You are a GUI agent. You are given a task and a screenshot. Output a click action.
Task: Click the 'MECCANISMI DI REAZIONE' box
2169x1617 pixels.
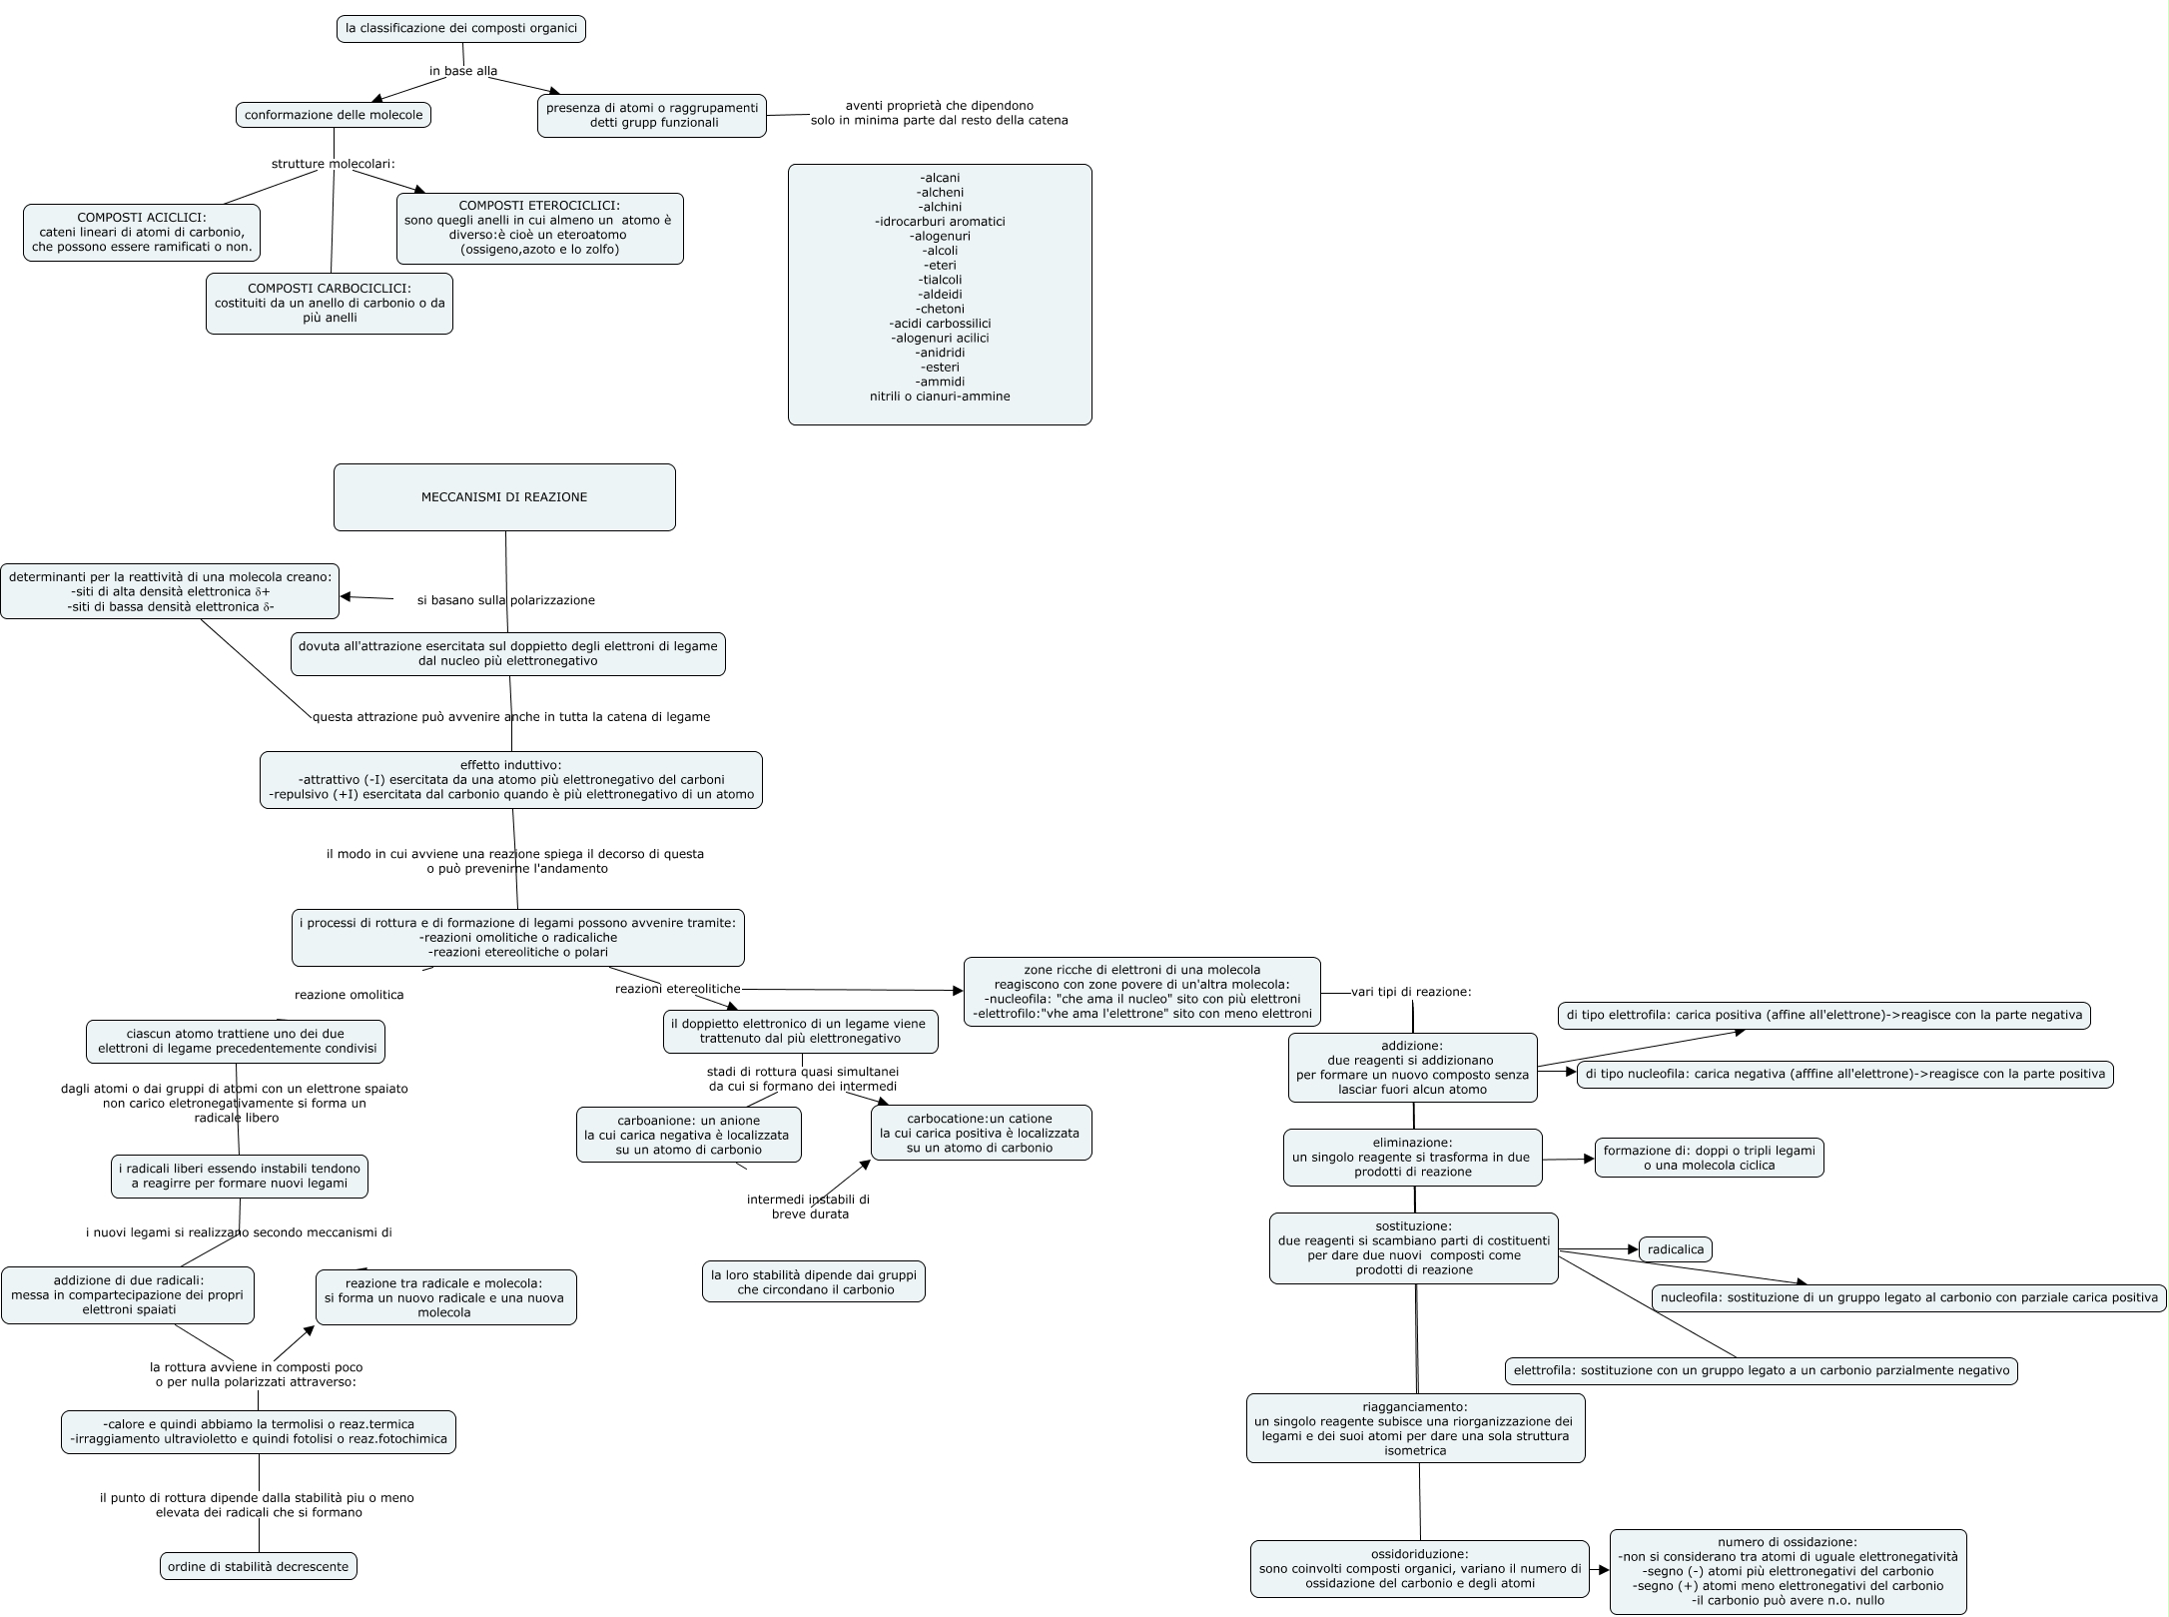point(504,497)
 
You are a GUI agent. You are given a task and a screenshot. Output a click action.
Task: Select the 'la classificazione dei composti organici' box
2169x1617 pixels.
point(461,29)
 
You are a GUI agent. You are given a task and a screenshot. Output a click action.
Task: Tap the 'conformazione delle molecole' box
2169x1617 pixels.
point(334,115)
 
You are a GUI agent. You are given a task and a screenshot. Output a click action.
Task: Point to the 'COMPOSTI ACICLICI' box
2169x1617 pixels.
point(142,233)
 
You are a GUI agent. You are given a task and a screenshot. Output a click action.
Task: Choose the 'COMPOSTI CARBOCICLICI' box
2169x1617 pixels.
point(330,304)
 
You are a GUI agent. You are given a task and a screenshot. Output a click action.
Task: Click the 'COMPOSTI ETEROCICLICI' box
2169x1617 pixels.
point(539,229)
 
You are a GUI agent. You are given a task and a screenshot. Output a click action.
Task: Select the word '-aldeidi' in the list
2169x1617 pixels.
point(940,295)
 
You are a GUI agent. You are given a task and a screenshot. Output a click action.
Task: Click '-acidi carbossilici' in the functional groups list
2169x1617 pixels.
point(940,324)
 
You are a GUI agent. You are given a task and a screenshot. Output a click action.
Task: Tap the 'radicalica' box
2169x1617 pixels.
point(1676,1249)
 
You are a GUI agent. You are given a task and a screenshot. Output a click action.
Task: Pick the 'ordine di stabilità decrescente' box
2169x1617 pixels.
point(259,1567)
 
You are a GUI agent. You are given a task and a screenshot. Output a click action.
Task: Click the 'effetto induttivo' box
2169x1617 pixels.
point(511,780)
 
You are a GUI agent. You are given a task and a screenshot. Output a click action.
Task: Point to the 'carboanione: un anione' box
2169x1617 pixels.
point(688,1135)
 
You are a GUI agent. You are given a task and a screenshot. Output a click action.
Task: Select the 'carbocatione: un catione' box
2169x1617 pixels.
point(981,1133)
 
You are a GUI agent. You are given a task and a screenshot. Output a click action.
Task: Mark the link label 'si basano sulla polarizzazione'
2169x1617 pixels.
point(506,600)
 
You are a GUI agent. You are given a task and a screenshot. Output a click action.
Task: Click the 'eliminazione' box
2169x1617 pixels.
point(1412,1158)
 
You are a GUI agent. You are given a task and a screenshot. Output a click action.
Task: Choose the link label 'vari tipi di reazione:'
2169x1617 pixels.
point(1411,992)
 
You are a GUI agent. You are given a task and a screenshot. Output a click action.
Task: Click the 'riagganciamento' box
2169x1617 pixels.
point(1415,1428)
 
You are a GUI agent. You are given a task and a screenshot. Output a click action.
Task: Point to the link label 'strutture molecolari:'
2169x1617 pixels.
point(334,164)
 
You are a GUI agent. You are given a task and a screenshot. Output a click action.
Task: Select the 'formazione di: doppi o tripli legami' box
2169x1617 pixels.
point(1709,1158)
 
